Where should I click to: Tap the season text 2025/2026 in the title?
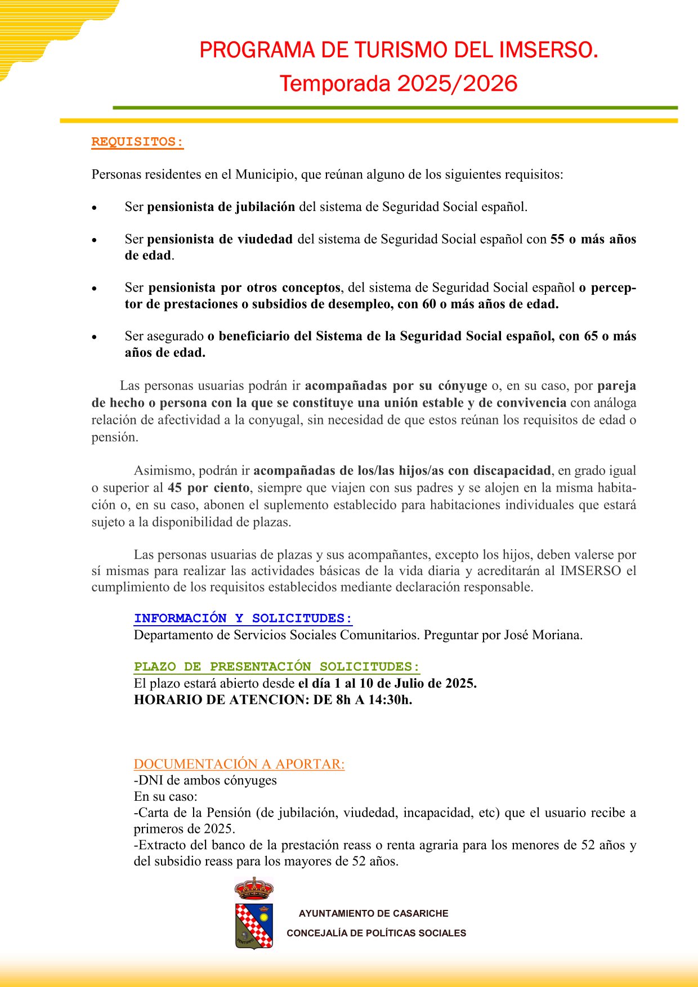point(457,84)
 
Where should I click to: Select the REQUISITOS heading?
point(137,142)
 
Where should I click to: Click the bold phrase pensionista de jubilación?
point(221,207)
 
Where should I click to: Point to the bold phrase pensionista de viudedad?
point(220,239)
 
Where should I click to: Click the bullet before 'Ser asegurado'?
point(95,337)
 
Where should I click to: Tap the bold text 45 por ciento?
point(208,488)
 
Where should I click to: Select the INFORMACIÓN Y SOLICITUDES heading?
point(243,618)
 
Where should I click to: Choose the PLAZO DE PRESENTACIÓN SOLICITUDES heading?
point(277,667)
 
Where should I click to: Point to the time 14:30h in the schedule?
point(390,700)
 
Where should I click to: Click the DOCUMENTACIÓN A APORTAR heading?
point(239,764)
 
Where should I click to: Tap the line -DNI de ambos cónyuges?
point(205,780)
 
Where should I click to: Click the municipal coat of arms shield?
point(254,926)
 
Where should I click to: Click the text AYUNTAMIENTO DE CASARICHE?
point(374,913)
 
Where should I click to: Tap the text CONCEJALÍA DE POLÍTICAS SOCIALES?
point(377,933)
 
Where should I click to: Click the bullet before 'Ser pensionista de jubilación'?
point(95,208)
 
